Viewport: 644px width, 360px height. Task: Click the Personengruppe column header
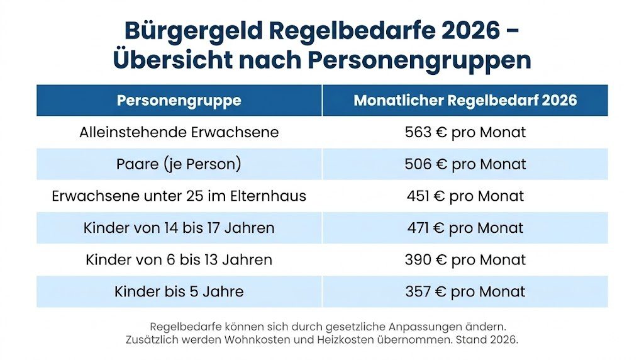pos(179,101)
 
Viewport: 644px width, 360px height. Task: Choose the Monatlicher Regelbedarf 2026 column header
pos(465,101)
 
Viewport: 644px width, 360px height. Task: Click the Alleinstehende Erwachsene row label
pos(179,133)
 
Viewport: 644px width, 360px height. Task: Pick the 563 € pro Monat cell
pos(465,133)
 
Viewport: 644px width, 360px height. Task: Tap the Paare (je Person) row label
pos(179,164)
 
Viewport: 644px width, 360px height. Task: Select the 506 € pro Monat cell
pos(465,164)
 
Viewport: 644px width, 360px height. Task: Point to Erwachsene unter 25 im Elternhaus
pos(179,196)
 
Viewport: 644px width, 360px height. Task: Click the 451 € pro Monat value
pos(465,196)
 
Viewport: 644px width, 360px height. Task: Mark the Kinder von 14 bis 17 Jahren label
pos(179,228)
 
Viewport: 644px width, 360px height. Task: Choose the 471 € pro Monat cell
pos(465,228)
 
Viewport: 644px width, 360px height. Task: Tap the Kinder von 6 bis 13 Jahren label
pos(179,260)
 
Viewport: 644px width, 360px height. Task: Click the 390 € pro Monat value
pos(465,260)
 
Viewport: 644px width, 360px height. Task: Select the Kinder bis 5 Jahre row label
pos(179,292)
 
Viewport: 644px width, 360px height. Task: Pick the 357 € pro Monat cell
pos(465,292)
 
